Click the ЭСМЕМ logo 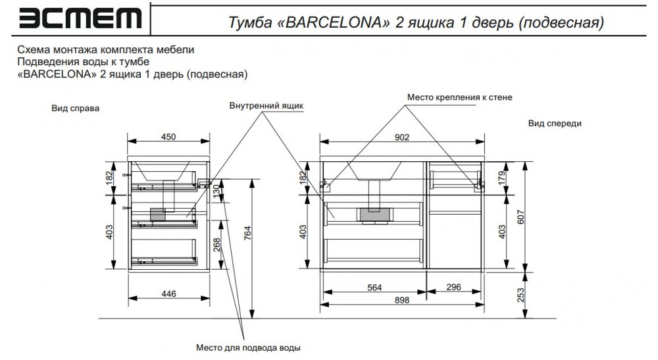coord(80,18)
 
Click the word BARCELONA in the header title coord(334,22)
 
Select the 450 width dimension coord(168,137)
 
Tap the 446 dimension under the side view coord(168,294)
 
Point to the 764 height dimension coord(247,233)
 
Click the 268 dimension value coord(216,245)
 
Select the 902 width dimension coord(401,137)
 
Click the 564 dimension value coord(374,288)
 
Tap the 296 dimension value coord(453,287)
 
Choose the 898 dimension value coord(401,300)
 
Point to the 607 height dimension coord(520,217)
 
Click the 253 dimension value coord(520,295)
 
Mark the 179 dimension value coord(502,178)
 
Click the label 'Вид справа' coord(76,108)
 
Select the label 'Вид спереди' coord(555,123)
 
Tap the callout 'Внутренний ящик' coord(266,106)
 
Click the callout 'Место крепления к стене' coord(459,97)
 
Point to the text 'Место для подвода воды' coord(248,348)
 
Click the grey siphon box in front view coord(375,215)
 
